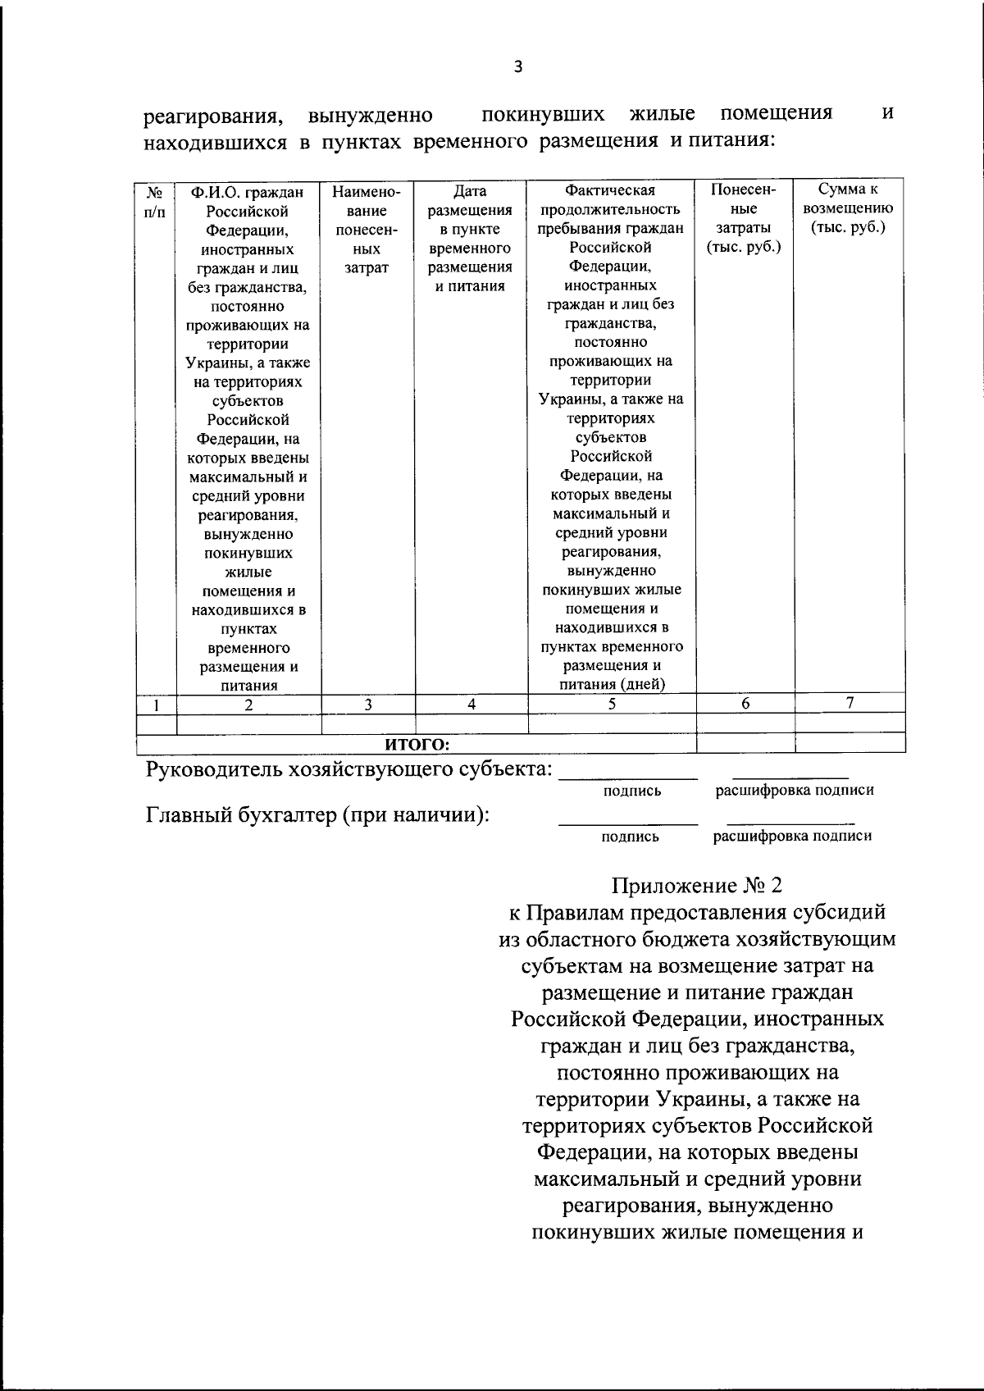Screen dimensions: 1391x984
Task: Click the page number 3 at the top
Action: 517,68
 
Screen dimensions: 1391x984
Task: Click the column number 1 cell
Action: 155,705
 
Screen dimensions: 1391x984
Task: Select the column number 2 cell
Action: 248,705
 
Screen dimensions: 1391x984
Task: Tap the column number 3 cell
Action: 368,704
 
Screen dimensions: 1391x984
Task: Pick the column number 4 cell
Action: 471,704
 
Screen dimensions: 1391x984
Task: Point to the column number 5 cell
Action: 612,703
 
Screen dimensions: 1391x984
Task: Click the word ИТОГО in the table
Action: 417,744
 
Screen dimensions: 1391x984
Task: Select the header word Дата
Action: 470,191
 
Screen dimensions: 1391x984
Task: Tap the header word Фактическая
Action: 611,191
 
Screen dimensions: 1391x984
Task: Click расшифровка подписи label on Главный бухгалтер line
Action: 792,836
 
